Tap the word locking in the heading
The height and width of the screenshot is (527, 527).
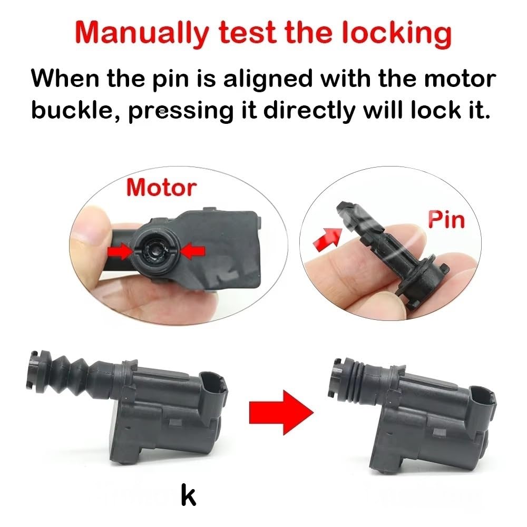397,32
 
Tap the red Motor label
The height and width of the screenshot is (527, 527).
161,187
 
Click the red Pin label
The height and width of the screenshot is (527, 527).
446,219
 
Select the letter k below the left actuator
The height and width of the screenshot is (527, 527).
188,494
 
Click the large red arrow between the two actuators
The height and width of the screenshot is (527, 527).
281,413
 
